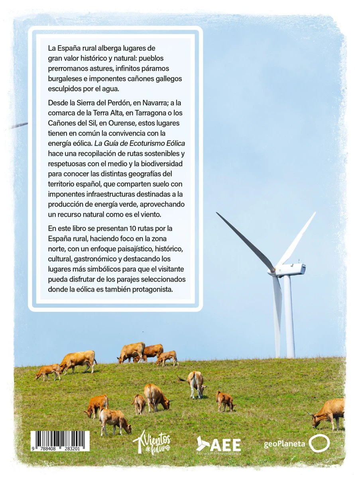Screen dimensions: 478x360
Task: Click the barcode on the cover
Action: (60, 441)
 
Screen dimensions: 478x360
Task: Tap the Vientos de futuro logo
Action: (152, 442)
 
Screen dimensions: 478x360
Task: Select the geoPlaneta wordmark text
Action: (284, 444)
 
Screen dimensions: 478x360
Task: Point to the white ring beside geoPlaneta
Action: (319, 443)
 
